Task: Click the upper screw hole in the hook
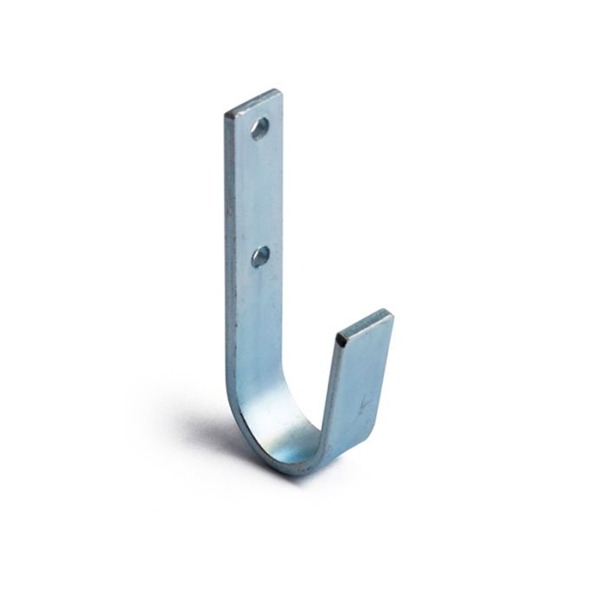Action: (258, 129)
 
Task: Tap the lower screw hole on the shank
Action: (260, 255)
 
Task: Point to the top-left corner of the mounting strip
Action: (226, 114)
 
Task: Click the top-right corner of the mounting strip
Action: (280, 90)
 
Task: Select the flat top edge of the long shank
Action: (253, 101)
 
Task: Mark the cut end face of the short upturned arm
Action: (364, 324)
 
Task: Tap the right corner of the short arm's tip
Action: (392, 316)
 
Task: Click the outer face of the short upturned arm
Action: (360, 382)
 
